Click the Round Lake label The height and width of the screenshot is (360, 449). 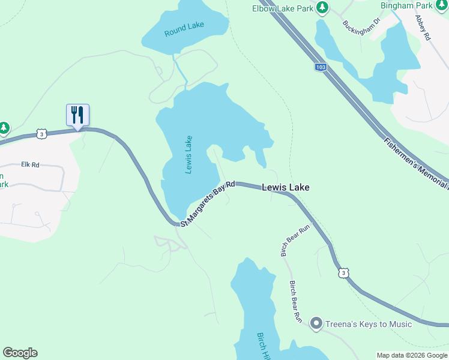click(184, 29)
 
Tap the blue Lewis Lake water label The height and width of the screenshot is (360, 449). click(188, 155)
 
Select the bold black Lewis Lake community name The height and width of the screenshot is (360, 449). click(286, 188)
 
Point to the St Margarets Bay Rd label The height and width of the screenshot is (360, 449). click(207, 203)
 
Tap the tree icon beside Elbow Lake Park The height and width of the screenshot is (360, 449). click(323, 7)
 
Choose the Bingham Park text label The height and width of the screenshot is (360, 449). click(407, 5)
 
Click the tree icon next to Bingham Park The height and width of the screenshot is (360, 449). click(442, 5)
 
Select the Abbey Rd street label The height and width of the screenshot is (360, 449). click(423, 27)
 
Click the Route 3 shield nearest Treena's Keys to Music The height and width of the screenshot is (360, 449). click(343, 272)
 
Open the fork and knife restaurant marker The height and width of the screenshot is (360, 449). click(77, 115)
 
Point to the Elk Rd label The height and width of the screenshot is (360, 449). click(29, 164)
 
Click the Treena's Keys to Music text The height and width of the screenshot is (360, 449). click(369, 324)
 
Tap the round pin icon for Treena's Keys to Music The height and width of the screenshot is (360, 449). click(316, 324)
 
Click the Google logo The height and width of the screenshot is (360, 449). click(20, 353)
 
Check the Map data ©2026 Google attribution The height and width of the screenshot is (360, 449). click(411, 355)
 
